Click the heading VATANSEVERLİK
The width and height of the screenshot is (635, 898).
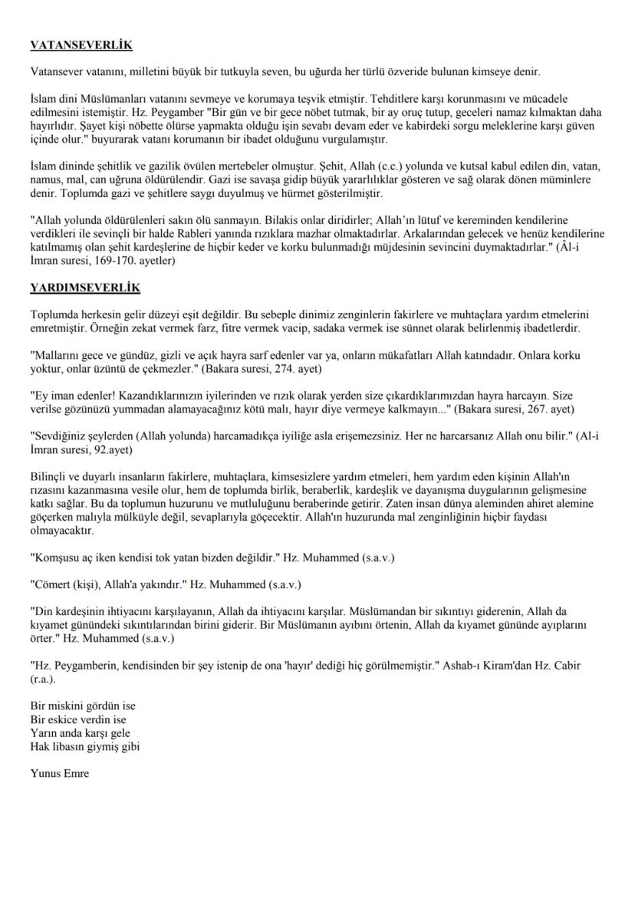[x=81, y=46]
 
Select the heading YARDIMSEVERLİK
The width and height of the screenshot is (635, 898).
[x=84, y=288]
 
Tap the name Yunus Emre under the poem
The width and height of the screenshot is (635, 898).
[x=60, y=773]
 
